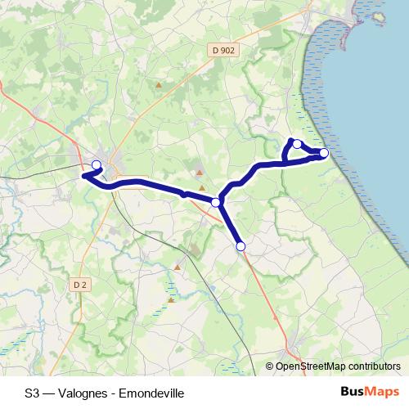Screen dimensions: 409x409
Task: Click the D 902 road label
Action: [x=222, y=50]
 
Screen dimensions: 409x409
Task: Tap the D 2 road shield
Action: [x=79, y=285]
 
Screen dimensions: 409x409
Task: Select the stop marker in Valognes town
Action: [x=97, y=165]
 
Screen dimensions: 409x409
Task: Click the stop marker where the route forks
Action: [x=216, y=202]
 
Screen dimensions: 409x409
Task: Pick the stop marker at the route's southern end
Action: [x=240, y=245]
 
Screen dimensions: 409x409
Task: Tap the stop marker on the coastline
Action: [x=324, y=153]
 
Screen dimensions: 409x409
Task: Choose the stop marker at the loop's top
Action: [x=298, y=145]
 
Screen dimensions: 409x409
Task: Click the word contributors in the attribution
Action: [x=372, y=367]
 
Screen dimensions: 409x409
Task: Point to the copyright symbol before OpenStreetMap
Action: [x=270, y=367]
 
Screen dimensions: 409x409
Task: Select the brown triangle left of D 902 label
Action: [x=159, y=83]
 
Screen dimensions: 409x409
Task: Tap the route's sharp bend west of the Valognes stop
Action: [x=83, y=174]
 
